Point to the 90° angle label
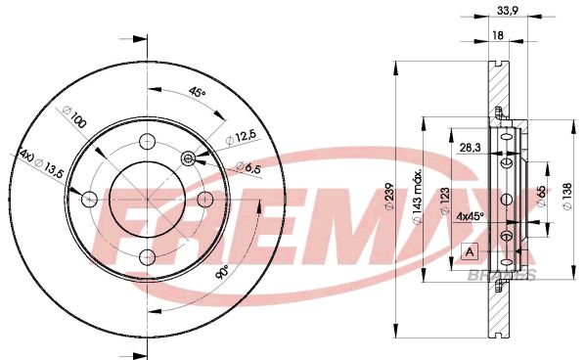tap(221, 271)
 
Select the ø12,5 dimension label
tap(245, 135)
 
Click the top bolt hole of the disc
tap(147, 139)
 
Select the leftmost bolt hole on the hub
tap(88, 199)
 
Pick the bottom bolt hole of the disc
tap(147, 257)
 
